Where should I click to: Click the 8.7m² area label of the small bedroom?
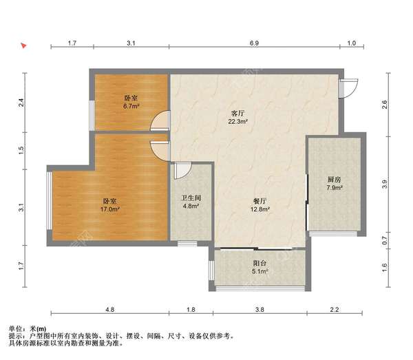click(131, 107)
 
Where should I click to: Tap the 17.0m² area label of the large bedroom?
click(110, 209)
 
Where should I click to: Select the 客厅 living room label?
click(238, 114)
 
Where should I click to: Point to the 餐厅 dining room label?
click(260, 202)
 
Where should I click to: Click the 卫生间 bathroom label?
click(191, 198)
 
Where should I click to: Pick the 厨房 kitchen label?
click(335, 180)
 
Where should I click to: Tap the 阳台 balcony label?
click(260, 263)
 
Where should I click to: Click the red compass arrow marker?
click(23, 45)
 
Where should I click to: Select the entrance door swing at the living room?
click(348, 89)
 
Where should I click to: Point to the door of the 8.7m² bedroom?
click(160, 121)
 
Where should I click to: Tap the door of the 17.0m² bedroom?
click(160, 151)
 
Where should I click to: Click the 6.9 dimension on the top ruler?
click(254, 43)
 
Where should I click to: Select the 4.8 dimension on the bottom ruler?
click(110, 310)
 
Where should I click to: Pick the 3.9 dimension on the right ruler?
click(385, 184)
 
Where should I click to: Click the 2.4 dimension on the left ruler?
click(21, 103)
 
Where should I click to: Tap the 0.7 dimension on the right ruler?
click(385, 240)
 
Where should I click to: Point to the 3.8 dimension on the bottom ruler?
click(260, 310)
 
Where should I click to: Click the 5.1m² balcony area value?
click(260, 271)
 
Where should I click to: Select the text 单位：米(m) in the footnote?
click(28, 329)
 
